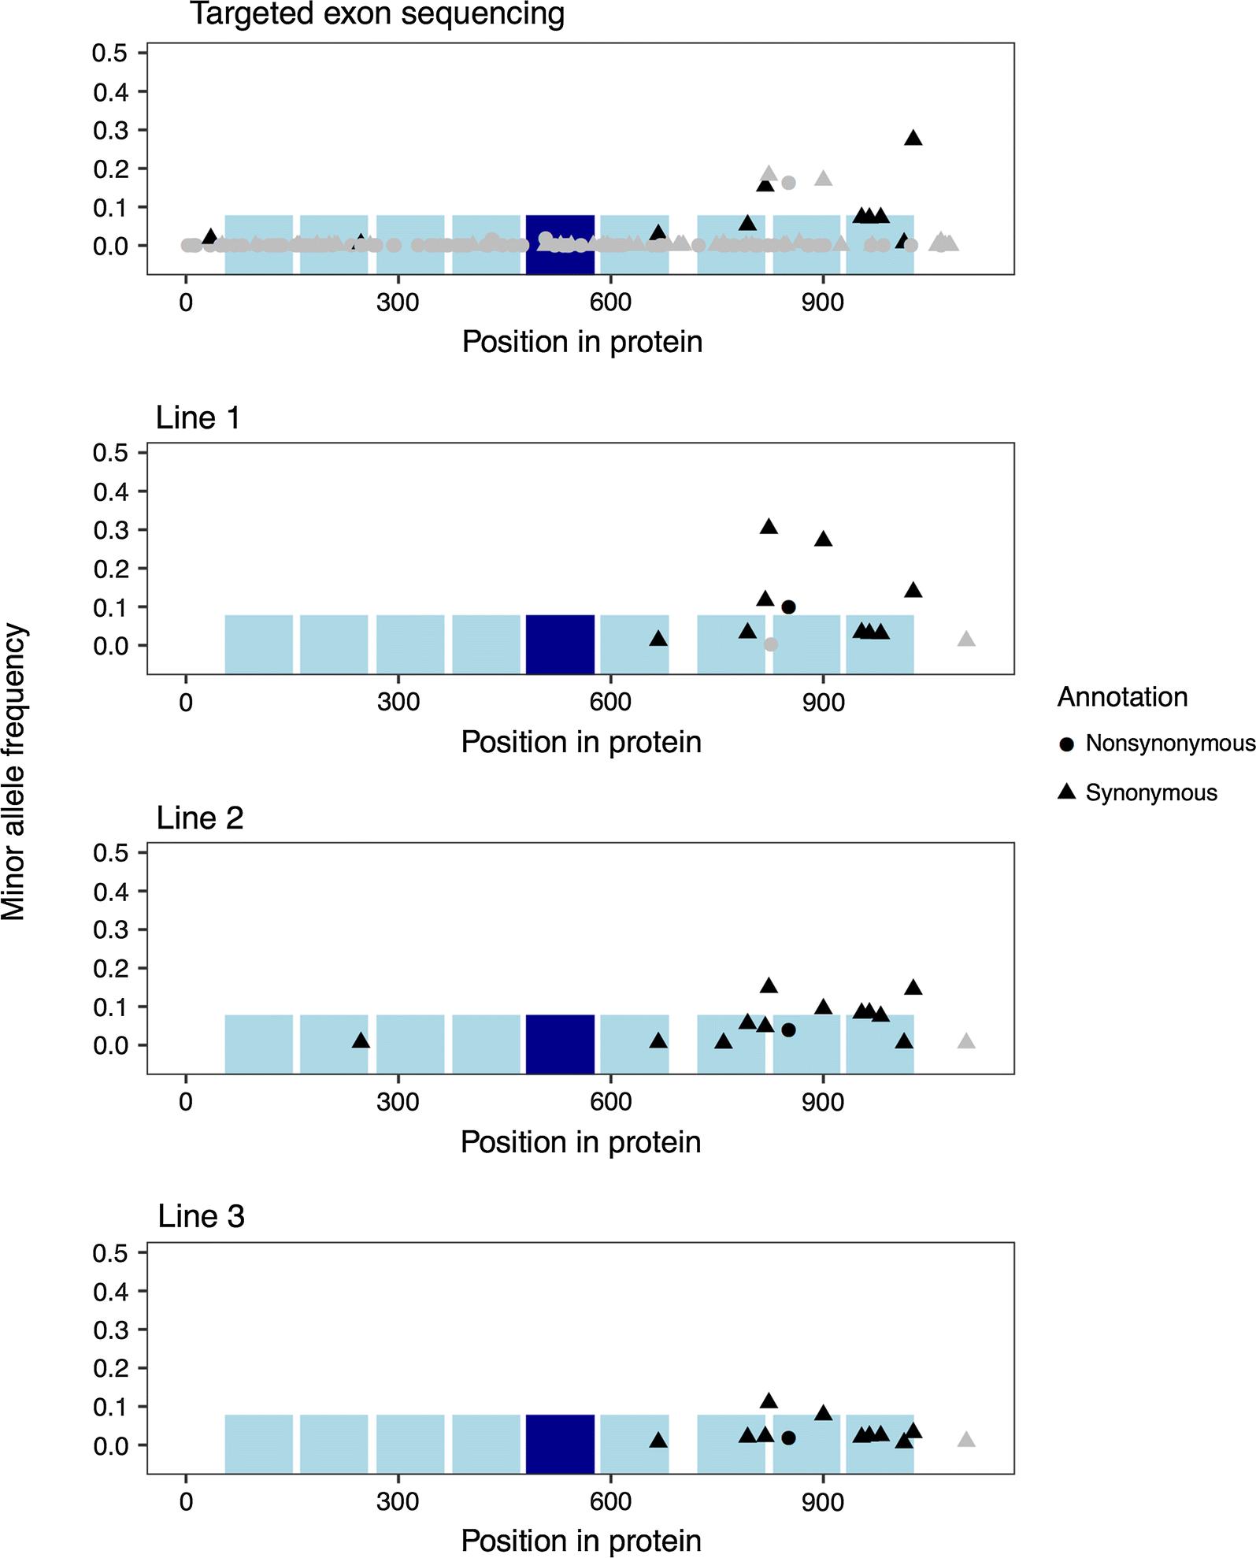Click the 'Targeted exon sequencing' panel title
(377, 14)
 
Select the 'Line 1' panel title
(198, 417)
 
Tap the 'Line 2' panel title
(200, 818)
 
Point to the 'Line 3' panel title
(201, 1217)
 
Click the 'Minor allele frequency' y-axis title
(14, 772)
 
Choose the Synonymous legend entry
(1138, 792)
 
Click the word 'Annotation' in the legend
(1122, 697)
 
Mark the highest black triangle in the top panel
(913, 139)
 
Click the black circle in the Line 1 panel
(788, 607)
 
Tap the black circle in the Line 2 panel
(788, 1030)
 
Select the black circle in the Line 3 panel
(788, 1438)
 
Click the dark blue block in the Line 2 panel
(560, 1044)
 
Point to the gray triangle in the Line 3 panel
(966, 1440)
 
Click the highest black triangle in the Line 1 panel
(769, 527)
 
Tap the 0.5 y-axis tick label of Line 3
(110, 1253)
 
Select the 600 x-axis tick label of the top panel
(610, 302)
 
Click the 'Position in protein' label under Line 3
(581, 1541)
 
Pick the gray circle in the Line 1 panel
(771, 644)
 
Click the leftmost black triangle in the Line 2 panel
(361, 1041)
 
